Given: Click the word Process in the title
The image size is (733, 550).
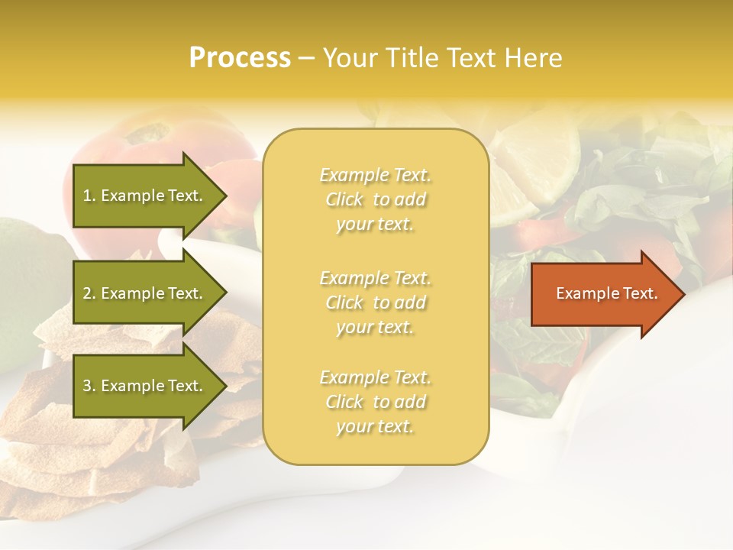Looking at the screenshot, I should click(240, 57).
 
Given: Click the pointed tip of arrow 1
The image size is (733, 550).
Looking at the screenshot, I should click(224, 196).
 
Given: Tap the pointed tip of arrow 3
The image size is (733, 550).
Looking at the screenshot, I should click(224, 386).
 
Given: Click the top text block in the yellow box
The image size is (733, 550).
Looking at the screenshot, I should click(375, 199).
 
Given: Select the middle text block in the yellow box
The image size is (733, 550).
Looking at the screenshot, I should click(375, 302).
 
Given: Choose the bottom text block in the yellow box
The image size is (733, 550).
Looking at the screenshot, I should click(375, 402).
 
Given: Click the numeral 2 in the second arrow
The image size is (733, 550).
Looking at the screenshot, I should click(87, 293).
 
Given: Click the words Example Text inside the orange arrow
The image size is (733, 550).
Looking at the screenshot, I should click(606, 293).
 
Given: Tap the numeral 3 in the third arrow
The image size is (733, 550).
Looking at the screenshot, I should click(87, 386).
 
